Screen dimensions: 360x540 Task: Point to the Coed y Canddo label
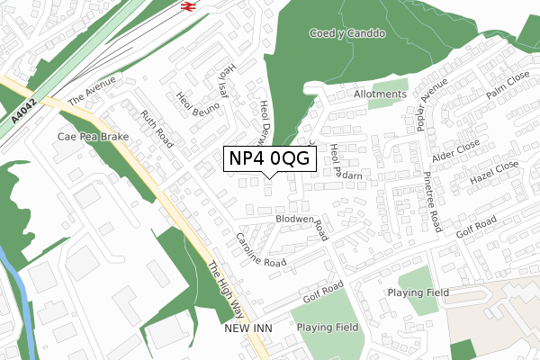click(347, 34)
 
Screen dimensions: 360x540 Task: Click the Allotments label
click(380, 93)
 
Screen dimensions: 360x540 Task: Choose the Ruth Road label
click(156, 130)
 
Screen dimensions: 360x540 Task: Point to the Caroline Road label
click(261, 250)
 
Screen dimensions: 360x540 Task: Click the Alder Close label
click(454, 150)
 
